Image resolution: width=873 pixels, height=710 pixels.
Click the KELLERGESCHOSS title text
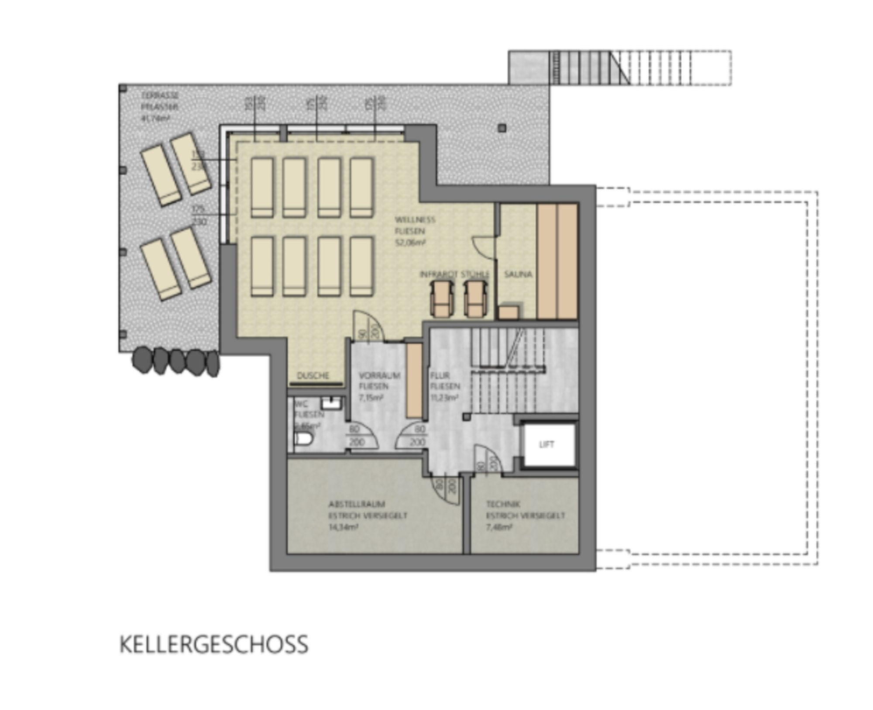click(214, 645)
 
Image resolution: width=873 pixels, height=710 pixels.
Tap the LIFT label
click(546, 445)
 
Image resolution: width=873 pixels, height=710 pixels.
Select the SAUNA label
click(518, 274)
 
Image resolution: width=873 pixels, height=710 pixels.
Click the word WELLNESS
click(415, 220)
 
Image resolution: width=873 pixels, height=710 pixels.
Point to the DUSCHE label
click(313, 375)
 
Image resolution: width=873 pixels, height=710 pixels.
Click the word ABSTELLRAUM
click(357, 504)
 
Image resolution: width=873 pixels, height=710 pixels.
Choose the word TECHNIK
click(503, 504)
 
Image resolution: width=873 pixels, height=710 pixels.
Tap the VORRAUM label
click(379, 375)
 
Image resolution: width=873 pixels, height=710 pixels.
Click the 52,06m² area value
click(410, 243)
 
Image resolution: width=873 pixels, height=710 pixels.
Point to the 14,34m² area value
click(344, 527)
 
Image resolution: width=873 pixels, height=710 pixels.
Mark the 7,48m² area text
click(499, 527)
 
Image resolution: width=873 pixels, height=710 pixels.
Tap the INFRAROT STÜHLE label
click(454, 274)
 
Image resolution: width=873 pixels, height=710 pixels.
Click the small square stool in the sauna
click(509, 312)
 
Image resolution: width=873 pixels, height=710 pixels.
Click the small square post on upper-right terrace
click(502, 128)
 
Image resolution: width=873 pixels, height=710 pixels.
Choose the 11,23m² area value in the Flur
click(444, 398)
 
